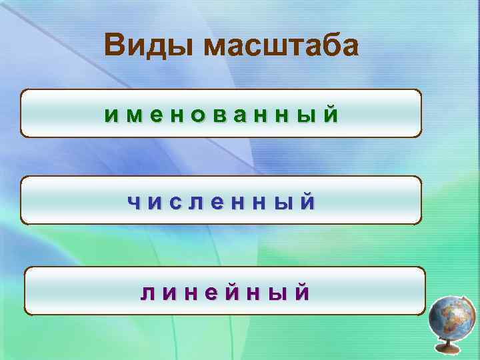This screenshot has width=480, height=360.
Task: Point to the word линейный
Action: pyautogui.click(x=225, y=292)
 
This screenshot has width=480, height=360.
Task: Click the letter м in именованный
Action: pyautogui.click(x=133, y=115)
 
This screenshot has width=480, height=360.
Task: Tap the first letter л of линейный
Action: pyautogui.click(x=147, y=292)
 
